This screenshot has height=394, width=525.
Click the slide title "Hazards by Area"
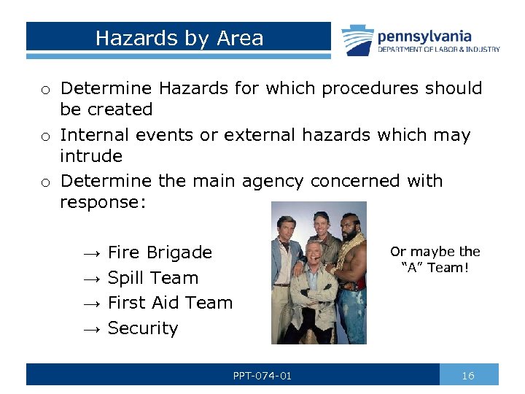tap(179, 38)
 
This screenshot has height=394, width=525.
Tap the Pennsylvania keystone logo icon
tap(357, 40)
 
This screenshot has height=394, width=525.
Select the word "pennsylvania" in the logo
tap(424, 36)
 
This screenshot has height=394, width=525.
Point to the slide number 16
tap(468, 375)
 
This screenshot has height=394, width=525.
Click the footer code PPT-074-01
tap(262, 375)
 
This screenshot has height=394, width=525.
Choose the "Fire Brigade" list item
tap(160, 252)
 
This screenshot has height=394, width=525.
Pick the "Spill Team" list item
tap(153, 278)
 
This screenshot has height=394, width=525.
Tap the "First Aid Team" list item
tap(170, 303)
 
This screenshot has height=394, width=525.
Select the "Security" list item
tap(143, 328)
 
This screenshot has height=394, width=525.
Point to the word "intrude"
tap(91, 156)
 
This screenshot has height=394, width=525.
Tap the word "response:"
tap(103, 202)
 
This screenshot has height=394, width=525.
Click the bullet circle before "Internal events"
tap(45, 136)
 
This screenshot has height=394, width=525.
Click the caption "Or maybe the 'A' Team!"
tap(435, 260)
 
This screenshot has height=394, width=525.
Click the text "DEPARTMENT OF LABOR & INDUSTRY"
tap(438, 50)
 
